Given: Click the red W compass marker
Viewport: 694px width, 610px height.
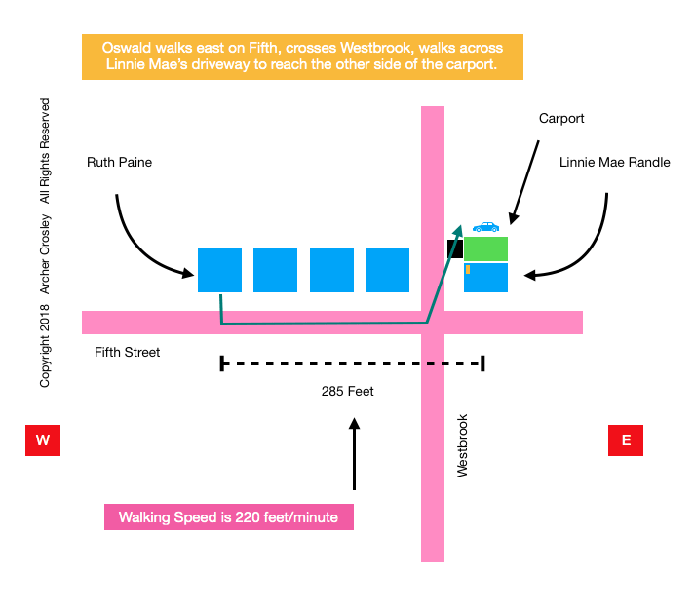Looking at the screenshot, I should pos(43,439).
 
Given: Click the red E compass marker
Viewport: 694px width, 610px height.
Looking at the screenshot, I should pos(626,439).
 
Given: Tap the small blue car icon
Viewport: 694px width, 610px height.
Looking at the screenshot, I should pos(485,227).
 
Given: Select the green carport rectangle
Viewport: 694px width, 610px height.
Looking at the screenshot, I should pos(485,248).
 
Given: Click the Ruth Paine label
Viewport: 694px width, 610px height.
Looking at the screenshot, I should pos(120,162).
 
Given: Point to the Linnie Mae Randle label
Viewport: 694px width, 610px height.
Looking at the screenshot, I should pos(614,162).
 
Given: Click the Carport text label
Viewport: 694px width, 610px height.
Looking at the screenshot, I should pos(561,119).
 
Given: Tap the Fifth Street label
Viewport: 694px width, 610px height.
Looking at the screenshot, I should pos(127,352).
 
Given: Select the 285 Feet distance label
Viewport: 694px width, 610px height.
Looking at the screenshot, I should pos(348,392).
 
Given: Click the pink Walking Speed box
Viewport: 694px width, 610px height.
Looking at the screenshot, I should pos(229,516).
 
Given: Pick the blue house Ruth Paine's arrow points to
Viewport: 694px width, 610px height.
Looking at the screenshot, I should pos(219,270).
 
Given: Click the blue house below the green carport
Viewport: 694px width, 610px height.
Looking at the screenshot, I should pos(485,278).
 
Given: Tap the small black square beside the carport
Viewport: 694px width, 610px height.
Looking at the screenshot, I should pos(454,249).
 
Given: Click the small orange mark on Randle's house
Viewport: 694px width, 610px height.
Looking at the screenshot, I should pos(468,269).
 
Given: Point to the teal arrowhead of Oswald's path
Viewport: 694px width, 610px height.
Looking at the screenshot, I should pos(457,232).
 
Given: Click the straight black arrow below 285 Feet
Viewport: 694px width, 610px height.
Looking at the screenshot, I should pos(354,453).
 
